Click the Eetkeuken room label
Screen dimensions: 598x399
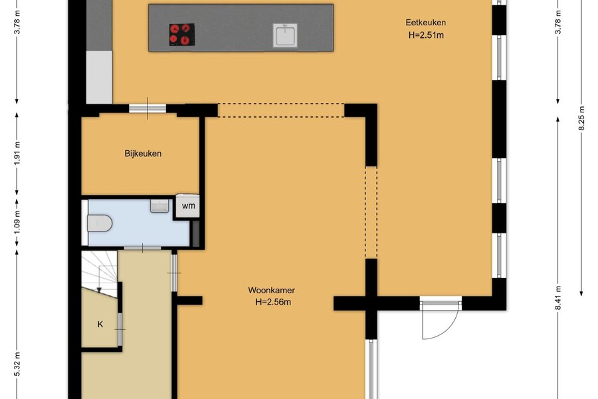426,23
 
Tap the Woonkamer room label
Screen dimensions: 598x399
271,290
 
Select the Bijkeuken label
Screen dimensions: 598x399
143,154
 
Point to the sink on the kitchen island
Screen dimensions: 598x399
285,35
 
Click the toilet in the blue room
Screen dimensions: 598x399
99,223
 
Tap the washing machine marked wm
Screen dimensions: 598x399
187,205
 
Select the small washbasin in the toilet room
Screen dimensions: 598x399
159,205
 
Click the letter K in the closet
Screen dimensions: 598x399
100,324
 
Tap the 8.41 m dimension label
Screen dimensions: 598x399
558,298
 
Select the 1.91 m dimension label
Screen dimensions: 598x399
17,153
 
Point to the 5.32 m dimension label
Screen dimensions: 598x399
17,364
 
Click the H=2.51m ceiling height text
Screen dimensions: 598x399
426,35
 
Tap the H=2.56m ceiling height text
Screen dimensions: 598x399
273,302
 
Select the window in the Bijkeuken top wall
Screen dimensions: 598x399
148,108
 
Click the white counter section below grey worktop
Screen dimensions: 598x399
99,77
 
